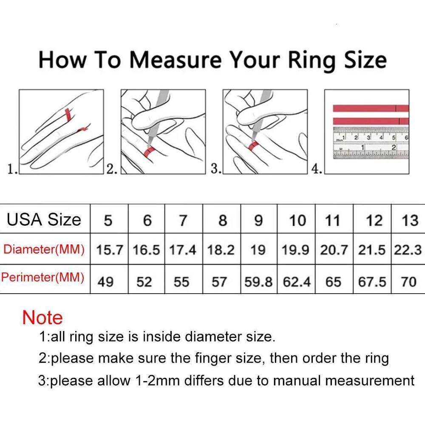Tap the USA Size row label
44,220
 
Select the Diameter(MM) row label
44,249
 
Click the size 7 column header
183,221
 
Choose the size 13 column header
410,221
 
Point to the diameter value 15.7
109,250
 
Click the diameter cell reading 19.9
296,250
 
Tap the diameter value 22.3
408,250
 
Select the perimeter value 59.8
258,281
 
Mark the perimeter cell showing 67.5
372,281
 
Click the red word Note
42,318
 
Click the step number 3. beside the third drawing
216,169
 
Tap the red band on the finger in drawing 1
67,114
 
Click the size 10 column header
297,221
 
